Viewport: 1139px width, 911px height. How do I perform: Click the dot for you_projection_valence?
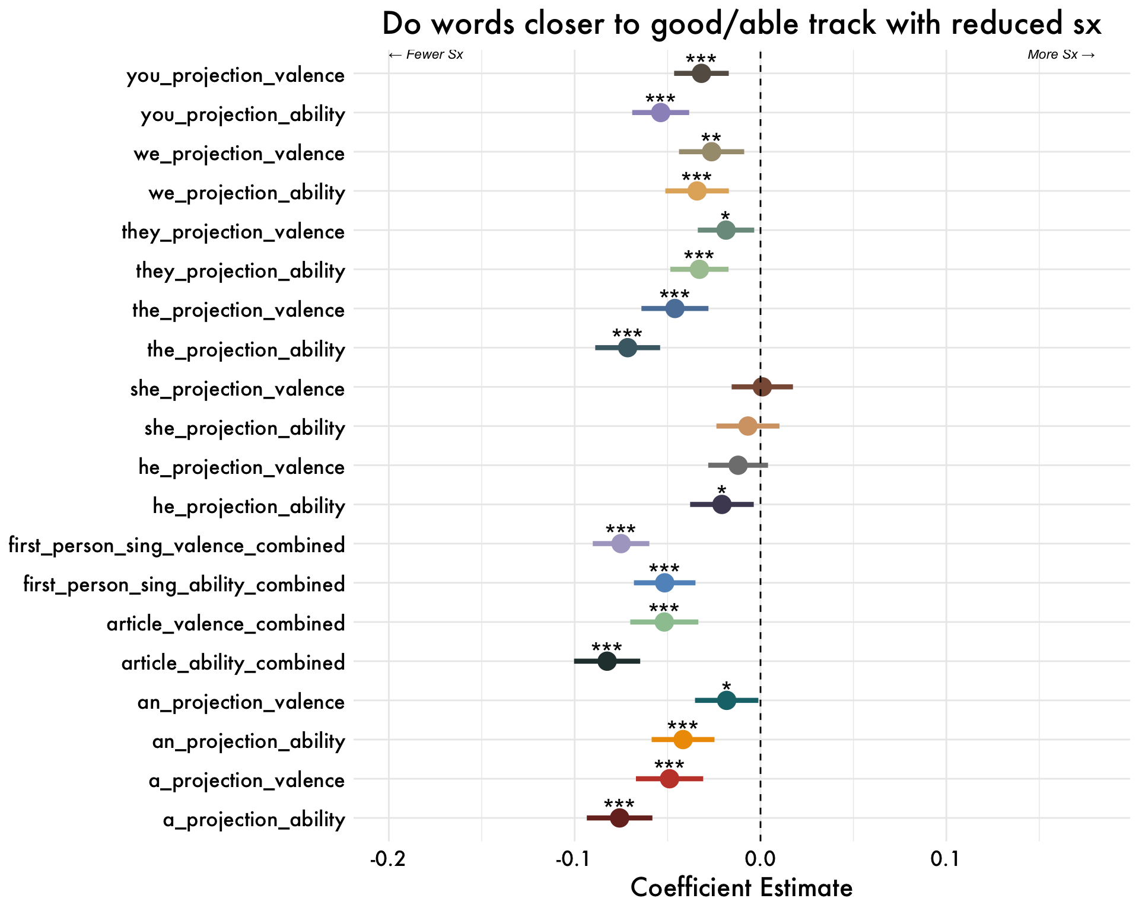click(x=701, y=74)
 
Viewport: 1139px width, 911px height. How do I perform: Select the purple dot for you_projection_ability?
click(x=660, y=113)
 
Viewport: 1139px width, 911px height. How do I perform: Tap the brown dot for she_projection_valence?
click(x=762, y=387)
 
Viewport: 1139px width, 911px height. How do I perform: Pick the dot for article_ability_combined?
click(x=607, y=661)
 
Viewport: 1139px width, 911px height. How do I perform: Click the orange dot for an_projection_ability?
click(x=683, y=740)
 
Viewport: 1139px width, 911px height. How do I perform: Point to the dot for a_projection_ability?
click(x=619, y=818)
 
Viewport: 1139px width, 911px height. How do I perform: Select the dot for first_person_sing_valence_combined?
click(x=621, y=544)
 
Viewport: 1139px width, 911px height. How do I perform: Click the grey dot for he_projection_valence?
click(x=738, y=466)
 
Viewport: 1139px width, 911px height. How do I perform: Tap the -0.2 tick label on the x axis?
click(x=388, y=859)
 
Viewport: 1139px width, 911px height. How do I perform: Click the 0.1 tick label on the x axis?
click(x=946, y=859)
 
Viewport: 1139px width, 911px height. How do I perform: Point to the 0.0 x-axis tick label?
click(x=760, y=859)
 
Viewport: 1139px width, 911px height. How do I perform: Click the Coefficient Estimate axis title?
click(x=742, y=888)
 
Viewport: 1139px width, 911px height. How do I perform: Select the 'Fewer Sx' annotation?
click(x=426, y=55)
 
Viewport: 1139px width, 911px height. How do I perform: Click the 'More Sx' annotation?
click(x=1061, y=55)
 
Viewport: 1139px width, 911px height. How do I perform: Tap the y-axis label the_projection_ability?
click(x=246, y=350)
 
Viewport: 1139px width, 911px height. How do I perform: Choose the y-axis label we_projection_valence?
click(x=239, y=154)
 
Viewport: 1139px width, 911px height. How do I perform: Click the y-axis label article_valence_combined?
click(x=225, y=624)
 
